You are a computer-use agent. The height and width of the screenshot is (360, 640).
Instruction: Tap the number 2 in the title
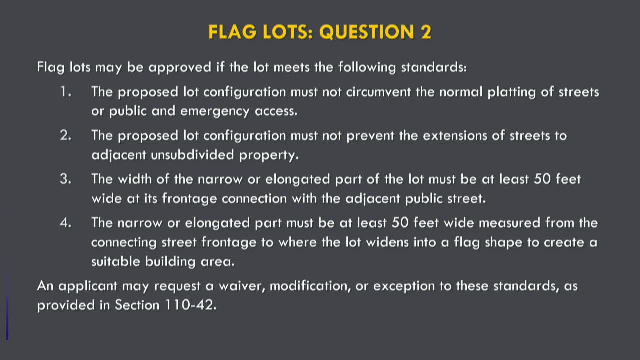pos(425,32)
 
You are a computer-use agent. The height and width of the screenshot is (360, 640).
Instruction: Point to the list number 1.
pos(66,92)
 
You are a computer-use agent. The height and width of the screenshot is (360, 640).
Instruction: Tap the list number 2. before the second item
pos(66,135)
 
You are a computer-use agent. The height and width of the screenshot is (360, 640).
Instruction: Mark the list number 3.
pos(66,179)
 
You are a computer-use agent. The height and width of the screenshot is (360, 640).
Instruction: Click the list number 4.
pos(66,222)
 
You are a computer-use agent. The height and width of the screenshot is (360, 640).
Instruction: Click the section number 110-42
pos(190,305)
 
